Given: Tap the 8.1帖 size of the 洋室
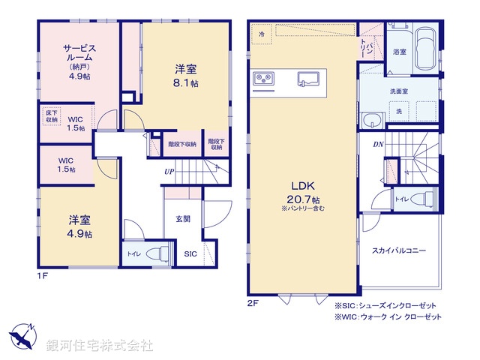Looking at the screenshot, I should (x=187, y=82).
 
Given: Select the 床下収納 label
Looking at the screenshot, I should (x=51, y=116).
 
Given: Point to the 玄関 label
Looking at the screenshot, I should (x=184, y=219).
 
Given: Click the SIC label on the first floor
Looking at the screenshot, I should (x=191, y=254).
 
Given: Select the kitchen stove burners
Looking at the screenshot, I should (x=264, y=78).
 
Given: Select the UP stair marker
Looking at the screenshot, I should (x=170, y=170).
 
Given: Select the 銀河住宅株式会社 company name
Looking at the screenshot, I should (x=99, y=345).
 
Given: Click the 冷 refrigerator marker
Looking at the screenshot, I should (x=262, y=34).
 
